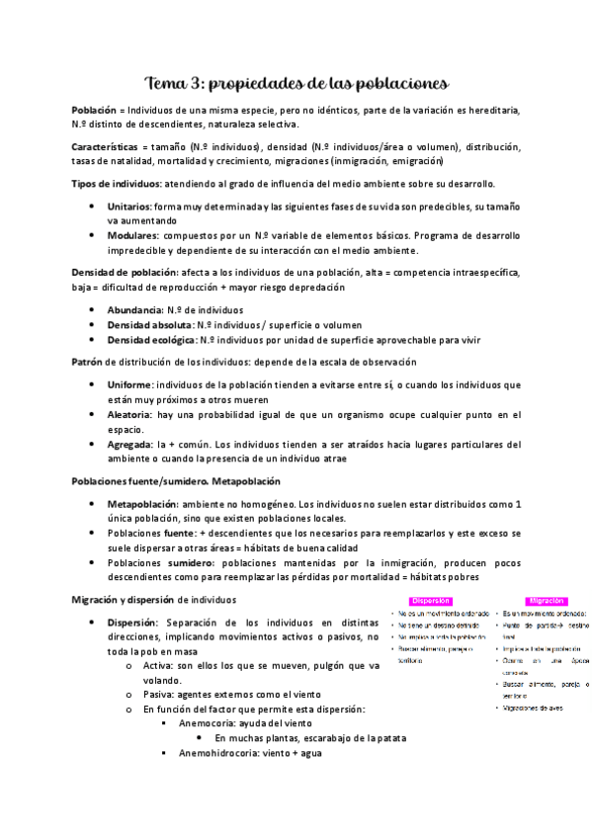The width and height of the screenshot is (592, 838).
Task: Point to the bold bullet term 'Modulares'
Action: coord(132,235)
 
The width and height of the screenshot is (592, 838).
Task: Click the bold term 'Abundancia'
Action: coord(137,309)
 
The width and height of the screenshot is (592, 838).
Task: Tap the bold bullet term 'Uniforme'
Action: coord(130,383)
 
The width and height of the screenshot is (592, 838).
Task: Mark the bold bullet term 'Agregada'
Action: coord(130,444)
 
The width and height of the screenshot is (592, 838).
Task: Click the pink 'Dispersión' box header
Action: coord(431,599)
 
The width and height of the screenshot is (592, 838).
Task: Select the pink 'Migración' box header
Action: coord(546,599)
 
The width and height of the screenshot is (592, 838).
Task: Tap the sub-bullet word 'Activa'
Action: coord(158,666)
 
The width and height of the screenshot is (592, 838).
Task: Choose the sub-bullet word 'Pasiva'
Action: coord(158,695)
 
